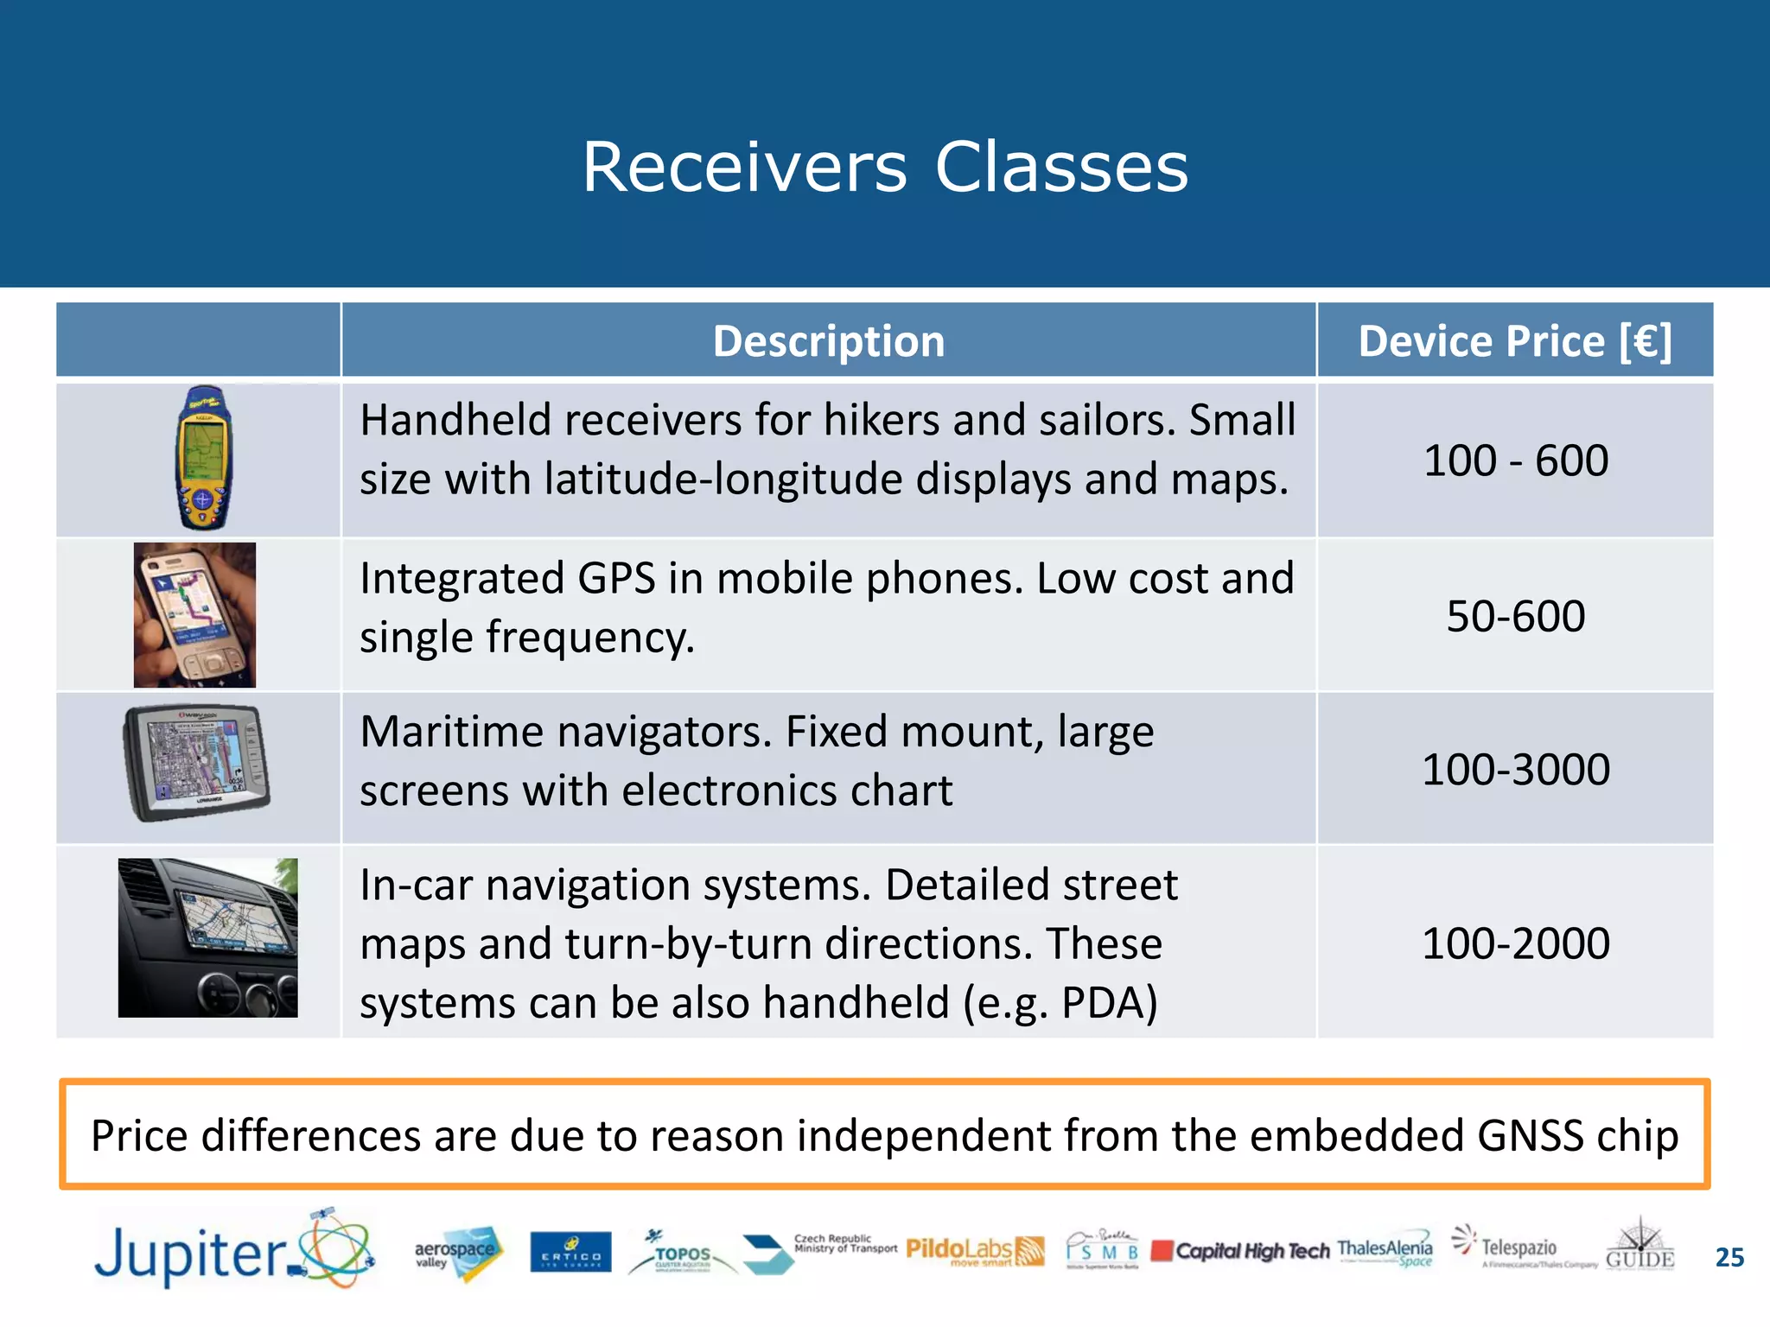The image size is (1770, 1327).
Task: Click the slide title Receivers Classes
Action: click(x=885, y=167)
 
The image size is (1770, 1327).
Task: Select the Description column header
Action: click(x=828, y=341)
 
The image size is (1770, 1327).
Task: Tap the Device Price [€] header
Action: click(x=1514, y=341)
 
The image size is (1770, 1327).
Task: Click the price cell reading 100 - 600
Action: click(x=1515, y=460)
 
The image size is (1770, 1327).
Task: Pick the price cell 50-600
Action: click(x=1515, y=616)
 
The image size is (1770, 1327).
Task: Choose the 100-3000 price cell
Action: click(x=1515, y=769)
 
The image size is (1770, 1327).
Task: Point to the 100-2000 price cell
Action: click(x=1515, y=943)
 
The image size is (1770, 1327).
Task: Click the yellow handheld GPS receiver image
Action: click(x=203, y=458)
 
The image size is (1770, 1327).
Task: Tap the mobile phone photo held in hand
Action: click(x=194, y=615)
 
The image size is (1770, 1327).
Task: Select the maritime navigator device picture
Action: click(x=196, y=762)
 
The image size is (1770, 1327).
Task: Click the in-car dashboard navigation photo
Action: click(x=207, y=937)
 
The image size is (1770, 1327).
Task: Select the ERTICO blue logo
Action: click(x=570, y=1253)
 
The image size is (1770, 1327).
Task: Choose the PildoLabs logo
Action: click(x=974, y=1251)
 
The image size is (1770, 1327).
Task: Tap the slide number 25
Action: click(x=1729, y=1257)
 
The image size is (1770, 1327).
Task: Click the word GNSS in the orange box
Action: click(x=1530, y=1135)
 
